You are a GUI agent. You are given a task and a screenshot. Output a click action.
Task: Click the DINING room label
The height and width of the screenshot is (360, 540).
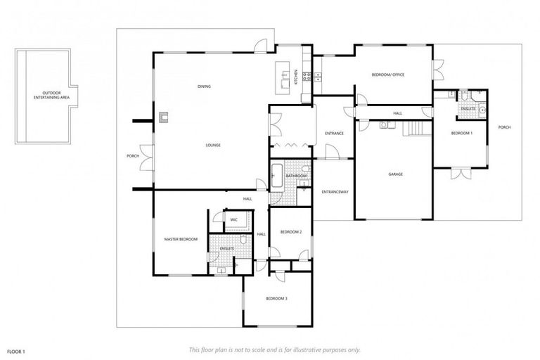point(205,86)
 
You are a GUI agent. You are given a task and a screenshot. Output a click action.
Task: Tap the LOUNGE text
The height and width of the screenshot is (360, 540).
point(213,146)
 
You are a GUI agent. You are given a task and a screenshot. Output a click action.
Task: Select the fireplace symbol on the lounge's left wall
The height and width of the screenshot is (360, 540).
point(163,117)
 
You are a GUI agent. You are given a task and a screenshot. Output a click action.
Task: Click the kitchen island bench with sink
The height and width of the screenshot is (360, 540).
point(284,78)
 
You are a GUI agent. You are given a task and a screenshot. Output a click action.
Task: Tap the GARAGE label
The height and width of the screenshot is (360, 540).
point(395,174)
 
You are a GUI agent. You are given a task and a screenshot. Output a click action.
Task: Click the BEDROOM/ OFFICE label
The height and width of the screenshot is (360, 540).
point(388,75)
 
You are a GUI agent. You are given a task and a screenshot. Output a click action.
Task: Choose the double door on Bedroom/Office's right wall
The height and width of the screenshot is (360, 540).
point(437,71)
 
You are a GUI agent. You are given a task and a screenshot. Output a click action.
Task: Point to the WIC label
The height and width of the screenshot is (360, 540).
point(233,220)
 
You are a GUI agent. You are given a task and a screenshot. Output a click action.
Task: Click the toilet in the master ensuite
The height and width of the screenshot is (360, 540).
point(243,240)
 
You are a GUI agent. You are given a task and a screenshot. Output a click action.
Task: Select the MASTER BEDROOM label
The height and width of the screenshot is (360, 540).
point(181,240)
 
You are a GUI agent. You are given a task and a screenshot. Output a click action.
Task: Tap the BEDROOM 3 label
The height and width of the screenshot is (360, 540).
point(276,299)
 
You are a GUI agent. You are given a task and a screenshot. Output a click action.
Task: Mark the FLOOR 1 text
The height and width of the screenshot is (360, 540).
point(16,349)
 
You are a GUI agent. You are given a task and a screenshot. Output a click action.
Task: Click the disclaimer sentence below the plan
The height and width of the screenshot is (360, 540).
point(274,349)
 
